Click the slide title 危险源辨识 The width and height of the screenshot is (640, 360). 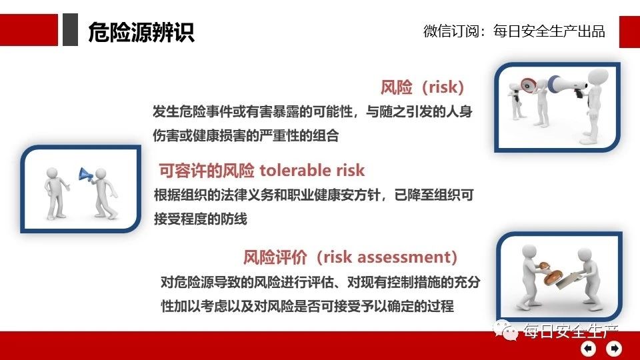click(141, 32)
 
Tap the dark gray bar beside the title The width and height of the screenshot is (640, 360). click(70, 29)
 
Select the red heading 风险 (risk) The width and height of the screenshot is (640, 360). click(422, 87)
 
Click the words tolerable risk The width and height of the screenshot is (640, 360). click(312, 170)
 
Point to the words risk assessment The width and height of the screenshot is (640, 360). click(387, 257)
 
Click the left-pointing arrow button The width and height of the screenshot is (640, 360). click(588, 348)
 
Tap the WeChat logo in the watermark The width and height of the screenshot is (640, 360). click(505, 330)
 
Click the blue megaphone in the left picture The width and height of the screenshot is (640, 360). click(86, 174)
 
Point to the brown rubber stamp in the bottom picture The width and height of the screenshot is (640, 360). click(549, 273)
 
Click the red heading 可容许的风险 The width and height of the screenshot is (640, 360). click(207, 170)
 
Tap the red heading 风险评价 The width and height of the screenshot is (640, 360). click(275, 257)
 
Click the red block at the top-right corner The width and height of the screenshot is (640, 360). click(629, 32)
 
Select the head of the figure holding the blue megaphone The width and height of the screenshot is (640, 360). click(101, 174)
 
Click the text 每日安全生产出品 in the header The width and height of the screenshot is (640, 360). click(549, 31)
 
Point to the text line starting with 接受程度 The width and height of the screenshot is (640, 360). click(201, 219)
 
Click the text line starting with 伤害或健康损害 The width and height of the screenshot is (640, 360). click(246, 135)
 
